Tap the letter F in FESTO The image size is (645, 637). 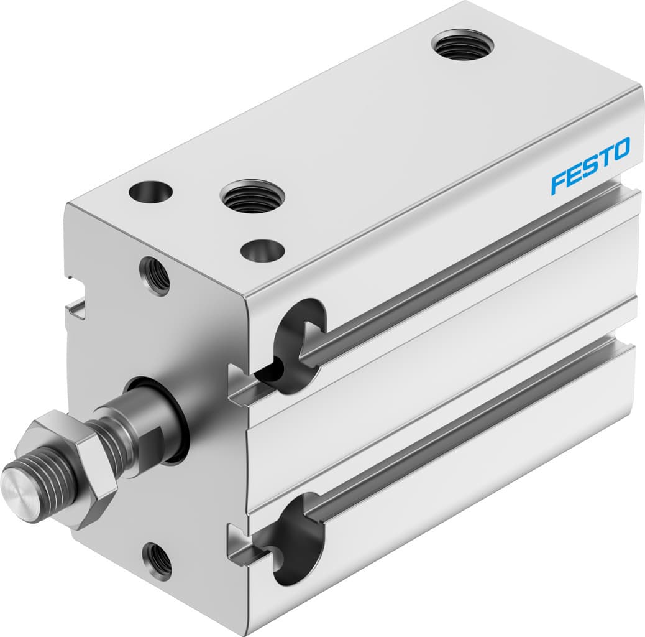click(x=557, y=183)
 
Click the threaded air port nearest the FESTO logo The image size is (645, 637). click(x=462, y=45)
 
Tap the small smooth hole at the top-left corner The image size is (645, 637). click(x=150, y=191)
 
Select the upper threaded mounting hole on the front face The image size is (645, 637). click(x=155, y=276)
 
